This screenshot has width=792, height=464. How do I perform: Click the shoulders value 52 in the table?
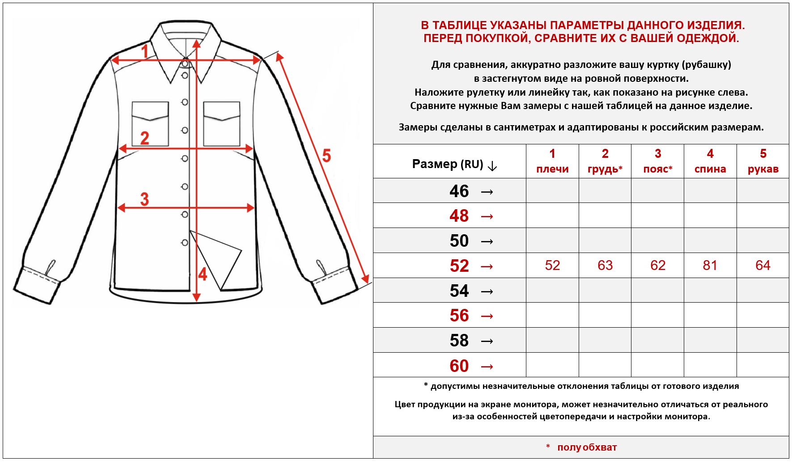click(x=552, y=266)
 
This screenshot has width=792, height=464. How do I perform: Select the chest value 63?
click(x=605, y=266)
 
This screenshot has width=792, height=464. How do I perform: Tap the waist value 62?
click(x=658, y=266)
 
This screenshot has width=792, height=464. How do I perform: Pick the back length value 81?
click(x=710, y=266)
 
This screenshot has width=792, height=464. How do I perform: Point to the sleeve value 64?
click(x=763, y=266)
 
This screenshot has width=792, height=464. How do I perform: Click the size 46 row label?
click(x=459, y=191)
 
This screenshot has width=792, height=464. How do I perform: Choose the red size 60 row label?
click(x=459, y=366)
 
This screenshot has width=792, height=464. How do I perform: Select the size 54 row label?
click(x=459, y=291)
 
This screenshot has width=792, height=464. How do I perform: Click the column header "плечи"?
click(x=552, y=169)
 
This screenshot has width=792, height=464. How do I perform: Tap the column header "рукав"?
click(x=763, y=169)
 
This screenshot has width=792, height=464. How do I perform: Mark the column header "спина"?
click(x=710, y=169)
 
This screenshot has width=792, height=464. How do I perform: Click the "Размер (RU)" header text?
click(x=448, y=164)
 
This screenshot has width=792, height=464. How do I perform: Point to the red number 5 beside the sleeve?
click(x=326, y=156)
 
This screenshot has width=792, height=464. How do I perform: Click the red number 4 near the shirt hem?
click(x=203, y=274)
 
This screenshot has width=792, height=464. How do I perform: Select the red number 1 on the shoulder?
click(x=144, y=51)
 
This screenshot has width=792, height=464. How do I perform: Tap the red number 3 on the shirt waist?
click(x=144, y=199)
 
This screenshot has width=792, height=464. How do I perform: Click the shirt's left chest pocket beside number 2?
click(x=150, y=124)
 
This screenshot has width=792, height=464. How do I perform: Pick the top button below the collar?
click(x=185, y=64)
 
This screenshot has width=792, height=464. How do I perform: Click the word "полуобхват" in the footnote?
click(x=587, y=447)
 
